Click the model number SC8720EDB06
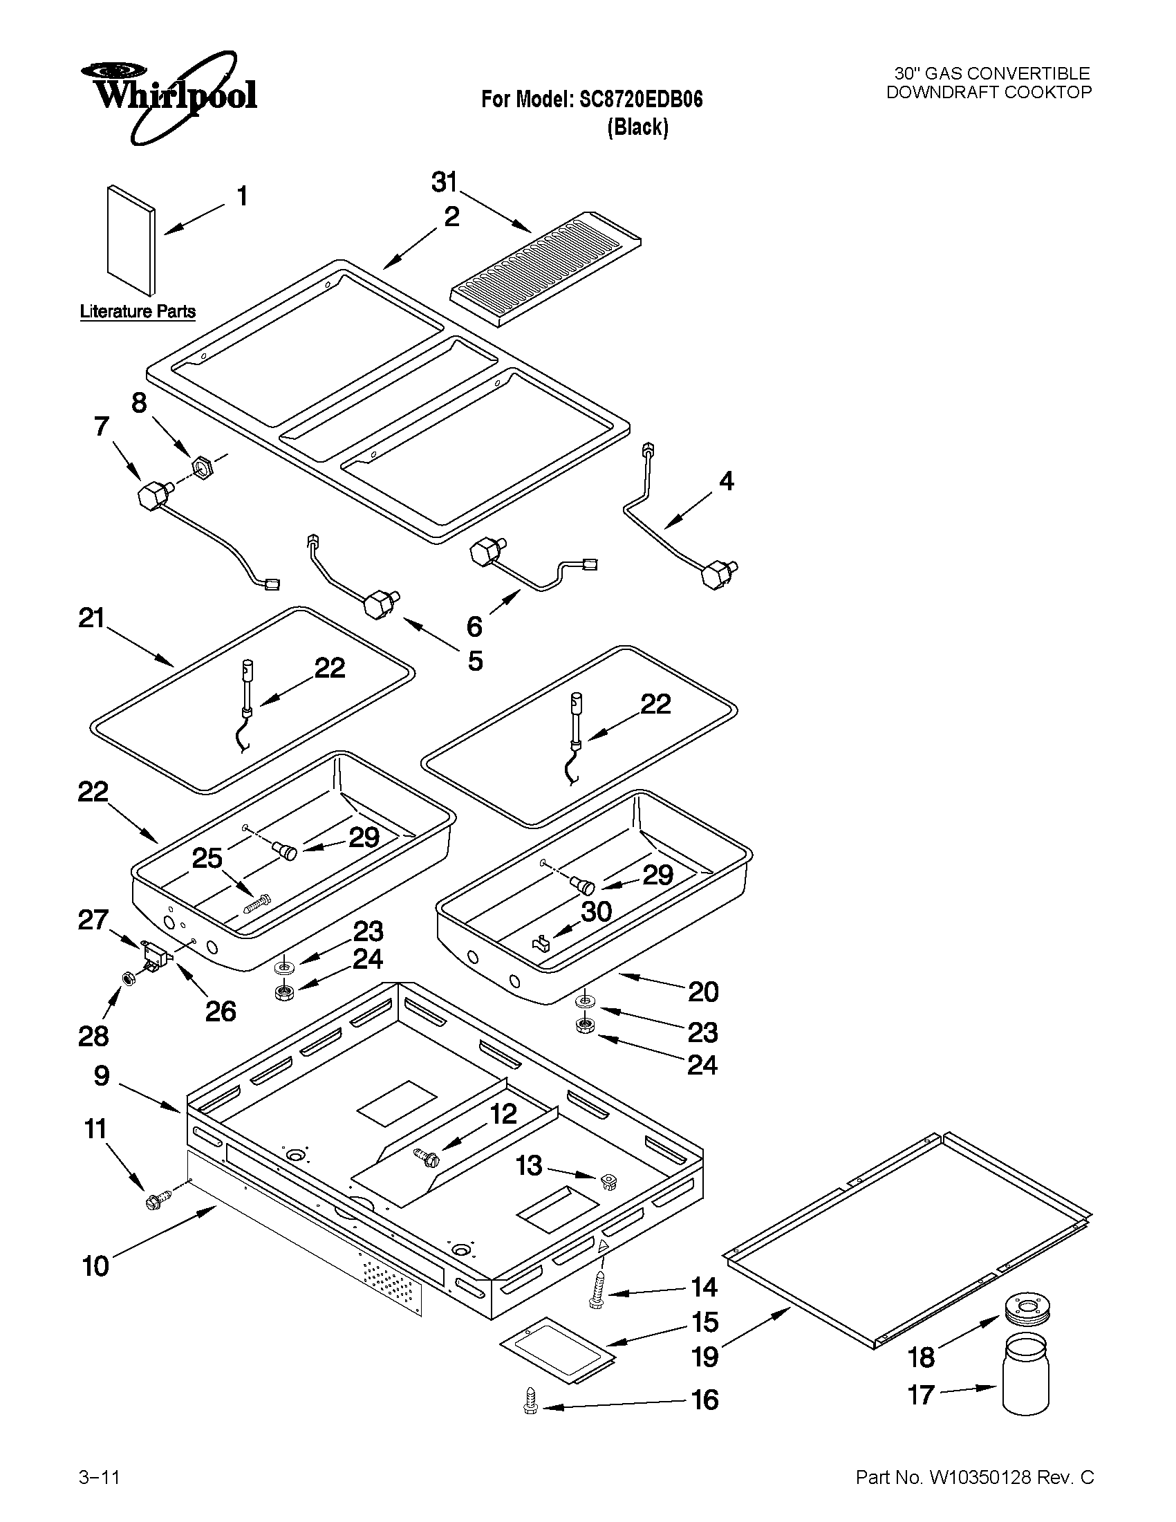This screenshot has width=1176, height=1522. (x=640, y=100)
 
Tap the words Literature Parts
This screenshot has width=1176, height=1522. (x=138, y=311)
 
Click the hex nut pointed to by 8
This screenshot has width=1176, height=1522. (x=201, y=464)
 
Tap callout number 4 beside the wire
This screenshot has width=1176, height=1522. (x=726, y=481)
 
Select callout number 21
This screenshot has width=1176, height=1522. (x=91, y=618)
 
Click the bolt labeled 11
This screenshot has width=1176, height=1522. (x=155, y=1200)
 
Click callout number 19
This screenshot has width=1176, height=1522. (x=704, y=1357)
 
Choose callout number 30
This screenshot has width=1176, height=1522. (x=597, y=911)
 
